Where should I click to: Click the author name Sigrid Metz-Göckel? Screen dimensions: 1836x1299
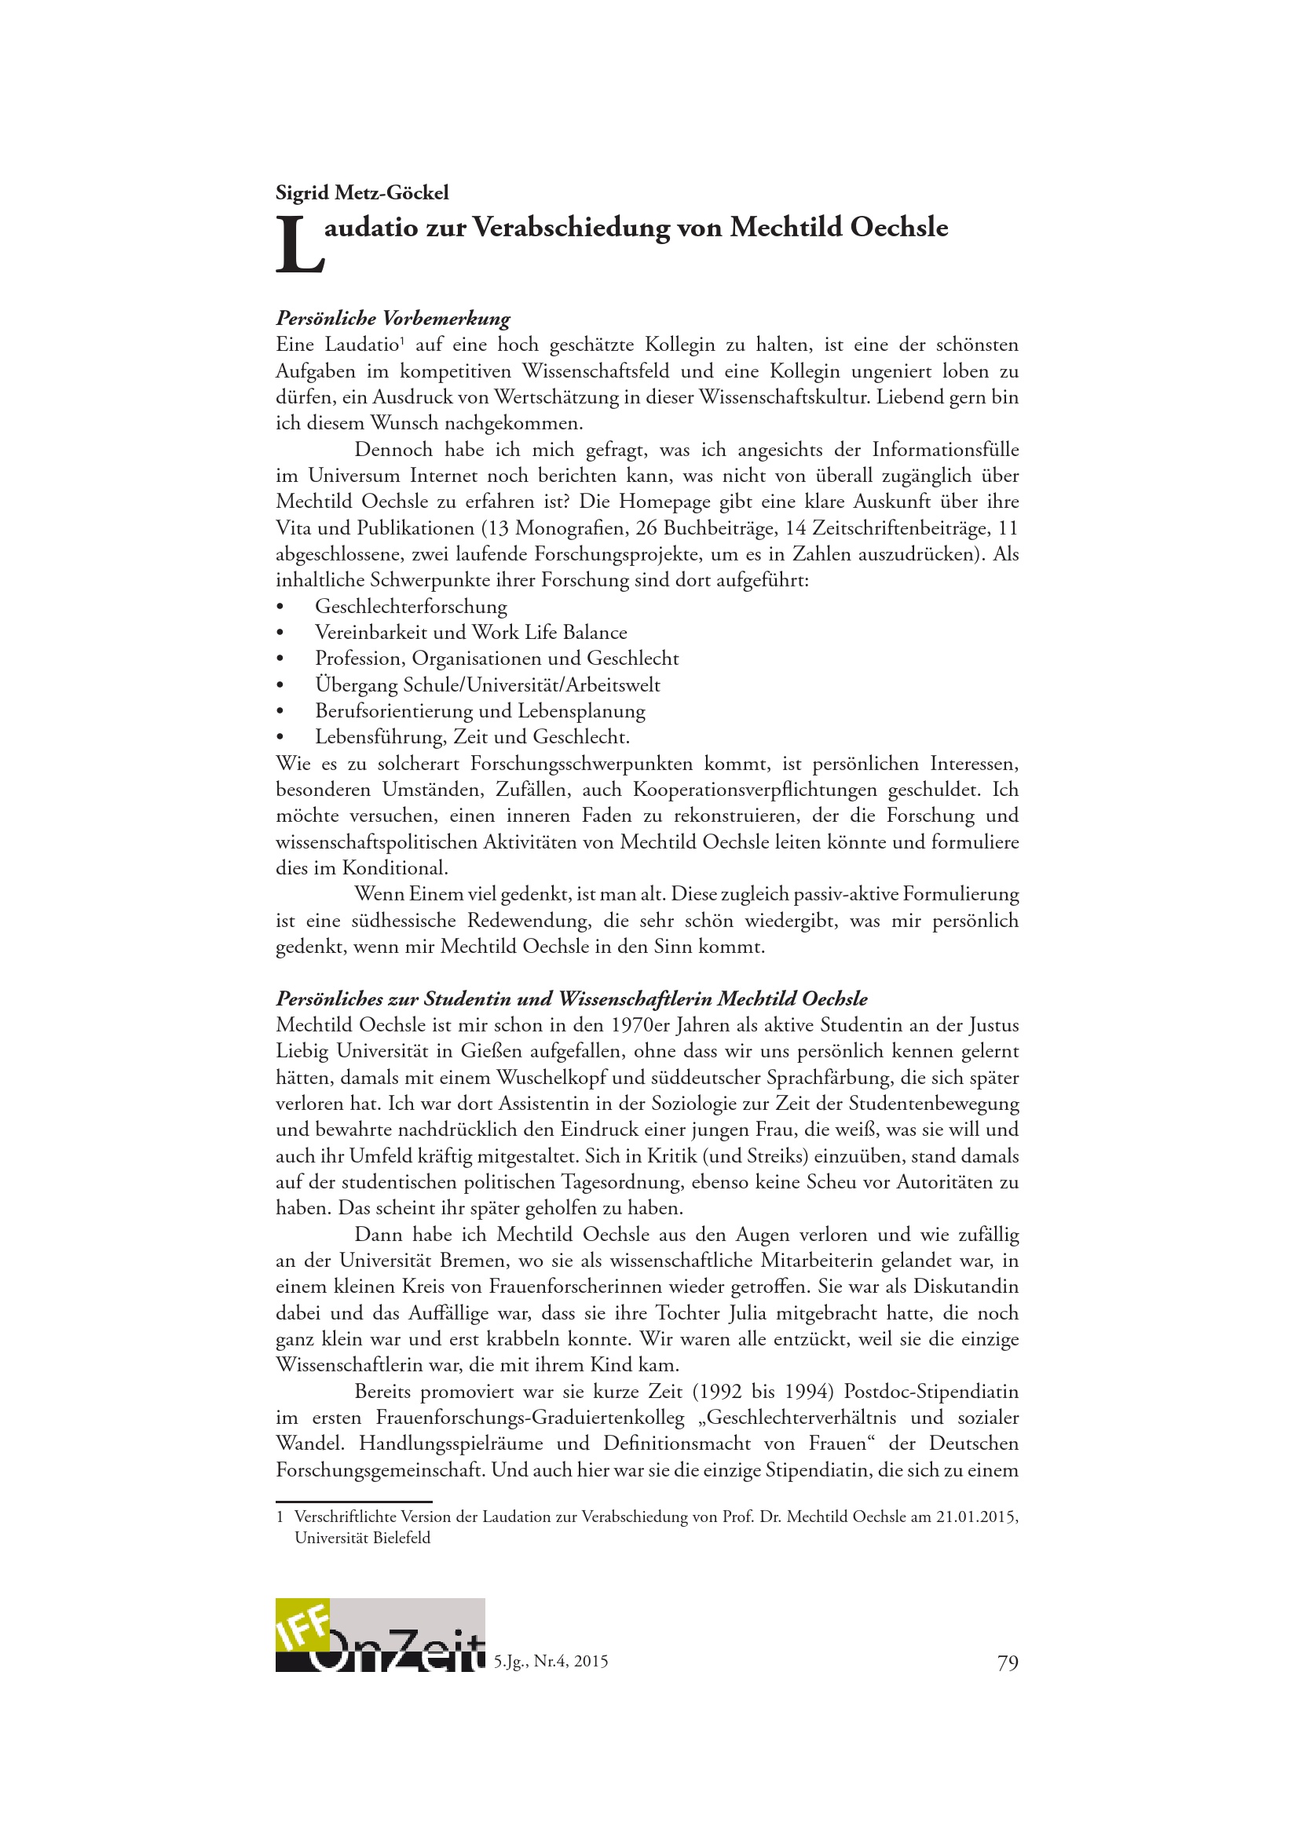pyautogui.click(x=361, y=193)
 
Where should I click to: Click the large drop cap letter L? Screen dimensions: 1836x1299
pyautogui.click(x=298, y=246)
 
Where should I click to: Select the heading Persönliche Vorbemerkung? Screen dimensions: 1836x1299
pyautogui.click(x=393, y=318)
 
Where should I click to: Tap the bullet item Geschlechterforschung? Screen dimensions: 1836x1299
pyautogui.click(x=410, y=606)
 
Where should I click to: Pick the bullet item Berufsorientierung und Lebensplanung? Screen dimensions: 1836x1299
pyautogui.click(x=480, y=710)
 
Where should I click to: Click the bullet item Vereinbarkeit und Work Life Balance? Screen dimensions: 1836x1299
pyautogui.click(x=470, y=633)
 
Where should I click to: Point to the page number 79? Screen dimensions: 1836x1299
pyautogui.click(x=1008, y=1663)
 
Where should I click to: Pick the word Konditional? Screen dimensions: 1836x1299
pyautogui.click(x=395, y=868)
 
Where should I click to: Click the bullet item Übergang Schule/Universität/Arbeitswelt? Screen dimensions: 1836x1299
pyautogui.click(x=487, y=684)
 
